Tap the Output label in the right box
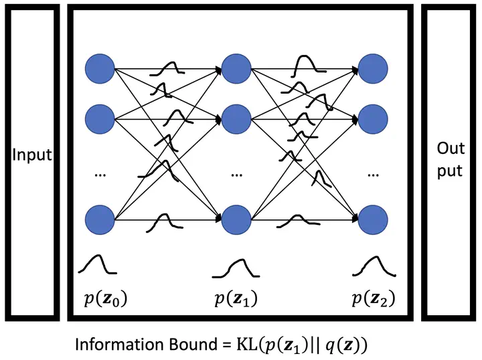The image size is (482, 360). tap(450, 159)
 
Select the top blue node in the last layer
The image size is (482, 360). tap(373, 68)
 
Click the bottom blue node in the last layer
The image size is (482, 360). tap(373, 219)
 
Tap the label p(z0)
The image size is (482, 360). tap(102, 298)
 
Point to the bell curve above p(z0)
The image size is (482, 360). tap(98, 265)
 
